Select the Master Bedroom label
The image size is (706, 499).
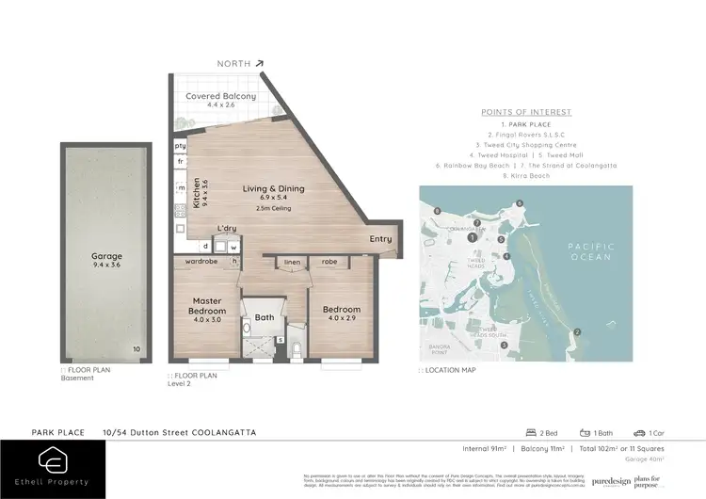click(x=207, y=304)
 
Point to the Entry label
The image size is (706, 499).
click(x=380, y=239)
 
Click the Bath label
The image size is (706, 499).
click(x=265, y=317)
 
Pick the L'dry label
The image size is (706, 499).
click(x=227, y=229)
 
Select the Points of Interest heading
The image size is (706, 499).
click(x=526, y=112)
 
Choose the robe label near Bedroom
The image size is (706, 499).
click(x=329, y=262)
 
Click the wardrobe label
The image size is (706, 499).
click(x=202, y=262)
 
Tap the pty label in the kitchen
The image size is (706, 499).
click(x=180, y=146)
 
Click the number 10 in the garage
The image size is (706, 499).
click(x=136, y=348)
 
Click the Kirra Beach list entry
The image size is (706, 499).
click(x=526, y=175)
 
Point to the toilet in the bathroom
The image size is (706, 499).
click(x=294, y=349)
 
